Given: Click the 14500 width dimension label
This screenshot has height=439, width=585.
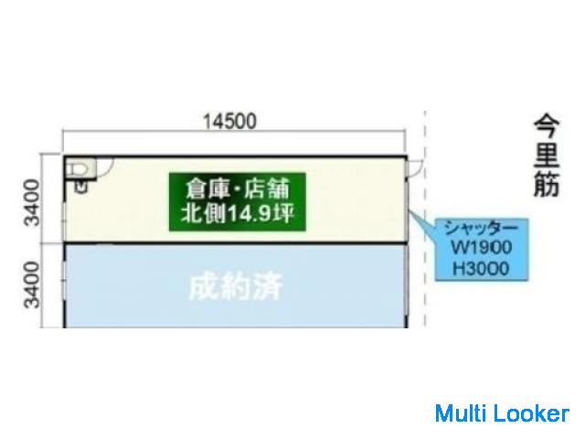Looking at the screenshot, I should coord(230,121).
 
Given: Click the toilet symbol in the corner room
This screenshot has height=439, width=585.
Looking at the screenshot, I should coord(79,167).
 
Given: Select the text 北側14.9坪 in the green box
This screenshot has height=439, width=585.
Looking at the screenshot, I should coord(238,215).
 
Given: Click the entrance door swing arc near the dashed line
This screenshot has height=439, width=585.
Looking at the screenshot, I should coord(416,167).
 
